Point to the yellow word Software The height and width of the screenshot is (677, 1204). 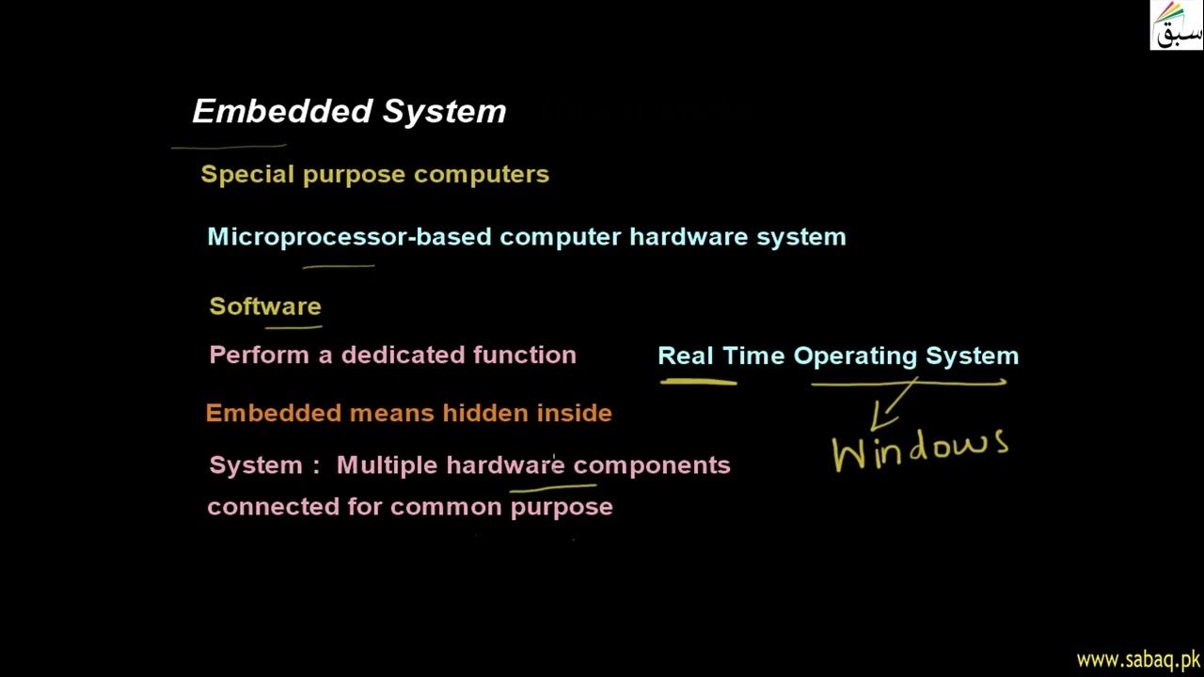[x=265, y=307]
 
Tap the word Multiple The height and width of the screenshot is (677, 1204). [x=387, y=465]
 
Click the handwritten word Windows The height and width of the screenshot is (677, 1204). [x=920, y=449]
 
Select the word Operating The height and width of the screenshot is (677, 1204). [x=856, y=356]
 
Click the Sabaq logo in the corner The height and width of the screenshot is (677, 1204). [x=1176, y=25]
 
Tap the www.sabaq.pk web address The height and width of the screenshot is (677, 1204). [x=1137, y=659]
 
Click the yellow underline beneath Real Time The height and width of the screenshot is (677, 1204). [x=698, y=382]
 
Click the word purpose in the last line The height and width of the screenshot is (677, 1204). [x=561, y=508]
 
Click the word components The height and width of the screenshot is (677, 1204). [x=651, y=465]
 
